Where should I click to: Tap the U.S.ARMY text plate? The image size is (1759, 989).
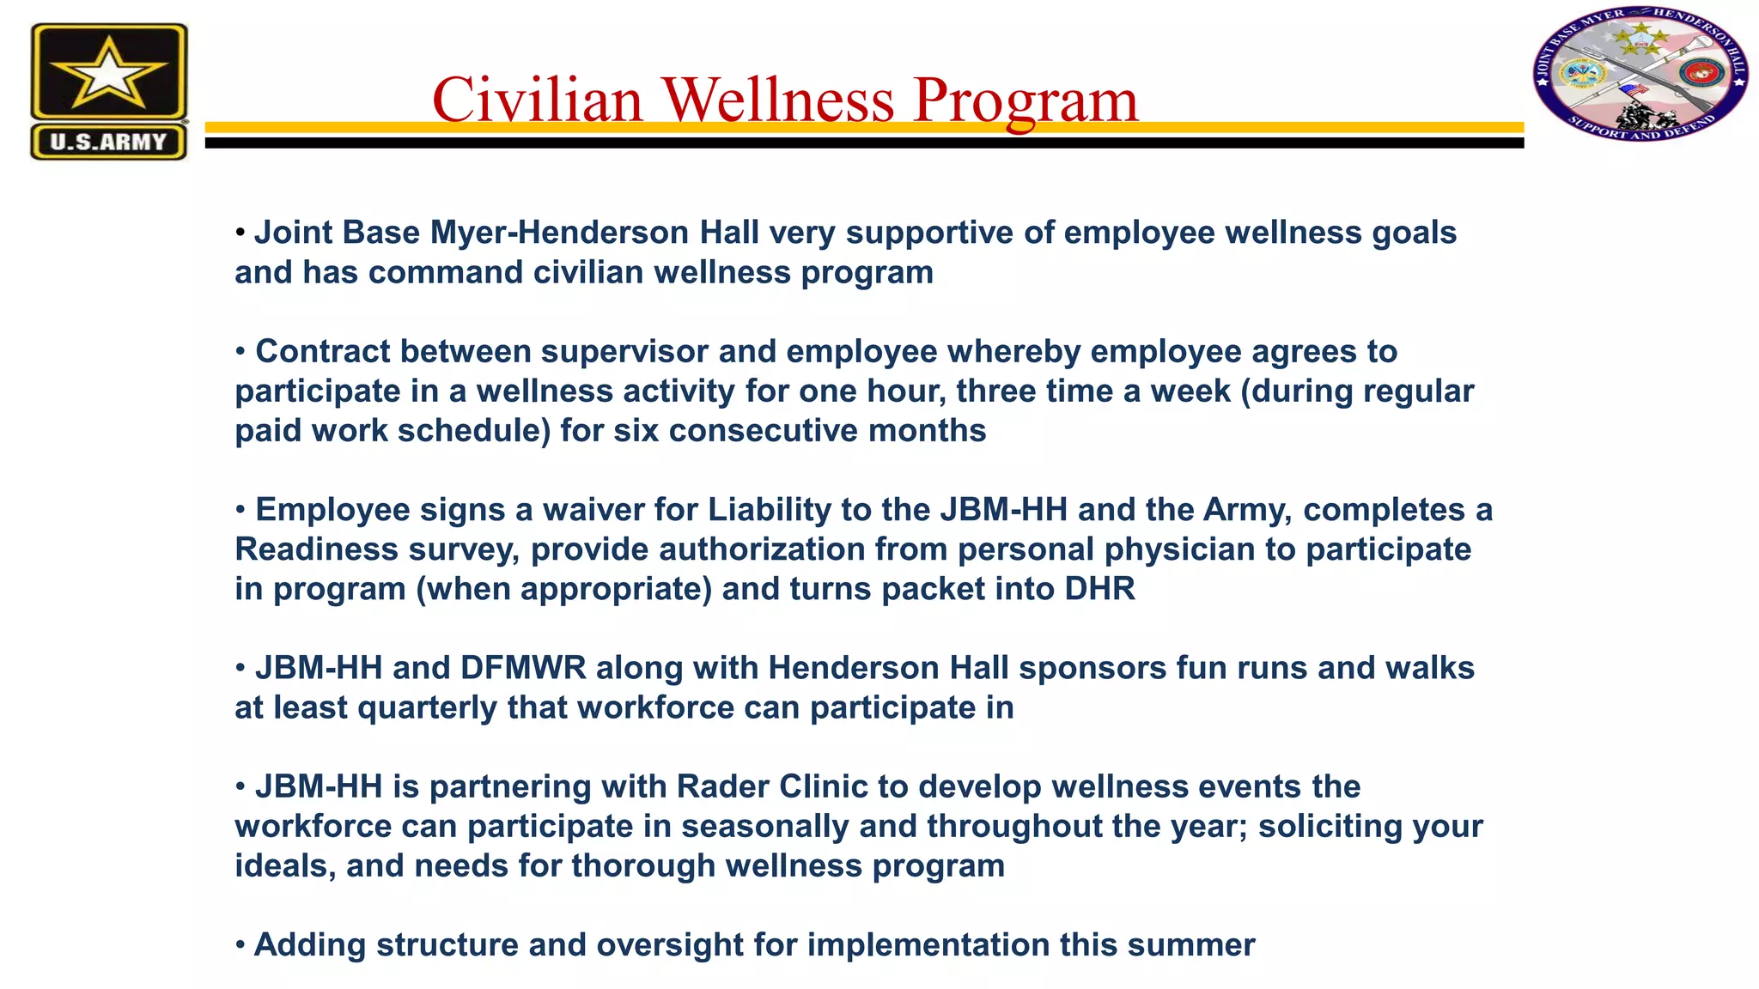(x=108, y=142)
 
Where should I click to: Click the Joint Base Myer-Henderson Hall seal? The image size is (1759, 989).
(x=1640, y=76)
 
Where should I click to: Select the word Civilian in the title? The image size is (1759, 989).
(x=538, y=100)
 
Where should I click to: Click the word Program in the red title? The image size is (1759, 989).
(x=1026, y=101)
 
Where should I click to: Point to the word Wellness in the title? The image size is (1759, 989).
(x=778, y=100)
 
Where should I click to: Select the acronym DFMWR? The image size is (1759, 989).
(x=523, y=668)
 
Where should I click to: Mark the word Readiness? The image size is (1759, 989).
(x=316, y=549)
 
